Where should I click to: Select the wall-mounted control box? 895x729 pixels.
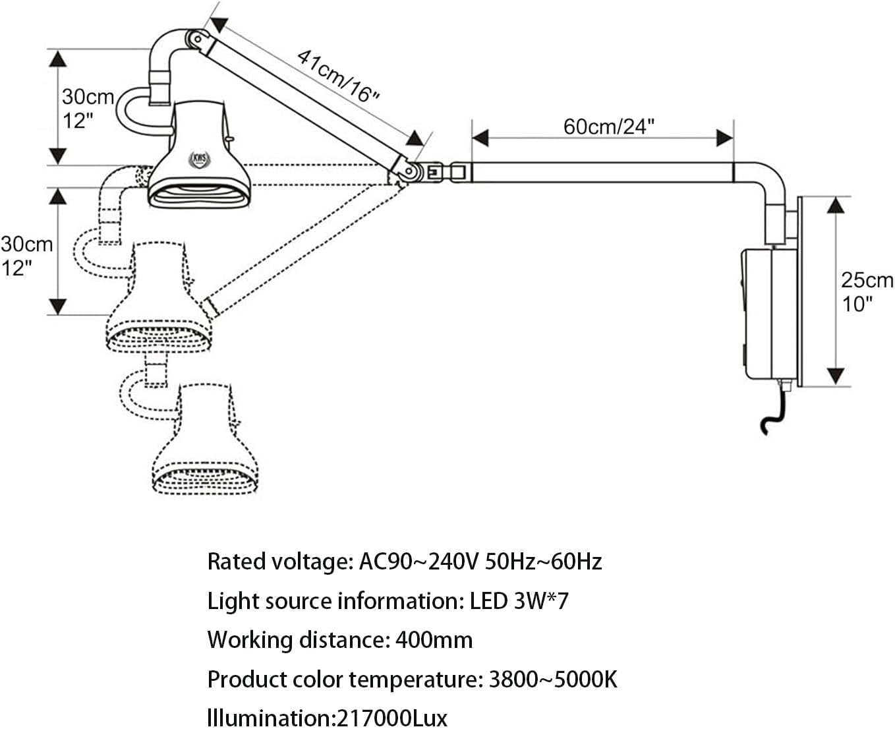click(x=766, y=313)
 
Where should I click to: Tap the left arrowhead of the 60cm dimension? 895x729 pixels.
click(x=480, y=138)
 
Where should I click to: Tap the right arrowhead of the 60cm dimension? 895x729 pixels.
click(x=725, y=138)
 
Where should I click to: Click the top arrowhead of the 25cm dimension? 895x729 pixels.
click(x=835, y=205)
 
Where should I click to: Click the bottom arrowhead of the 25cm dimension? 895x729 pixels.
click(x=835, y=376)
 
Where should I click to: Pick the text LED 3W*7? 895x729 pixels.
click(x=519, y=601)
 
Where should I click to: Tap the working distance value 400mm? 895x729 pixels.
click(x=433, y=640)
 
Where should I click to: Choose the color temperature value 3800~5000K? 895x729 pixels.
click(x=552, y=680)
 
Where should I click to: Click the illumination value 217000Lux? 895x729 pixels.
click(x=391, y=717)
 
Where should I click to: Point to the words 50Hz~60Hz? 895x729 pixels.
click(x=543, y=562)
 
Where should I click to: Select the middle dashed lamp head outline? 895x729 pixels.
click(x=160, y=300)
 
